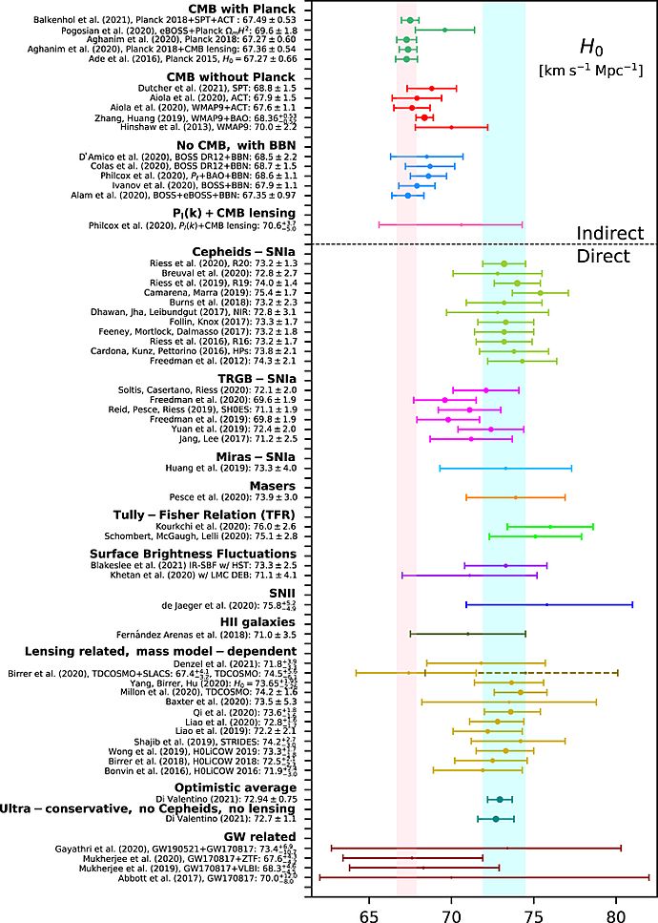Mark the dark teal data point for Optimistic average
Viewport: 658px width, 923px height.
500,799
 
